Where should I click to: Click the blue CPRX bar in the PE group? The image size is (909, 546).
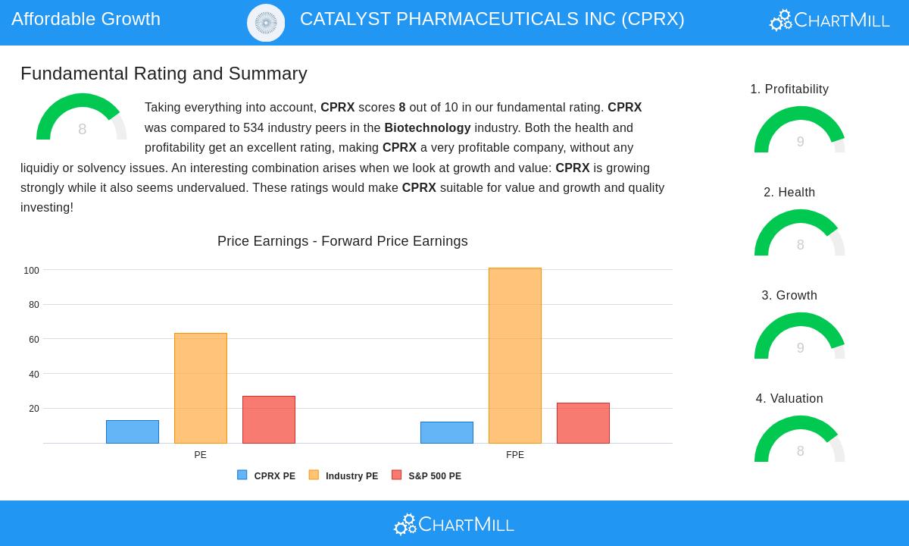point(133,431)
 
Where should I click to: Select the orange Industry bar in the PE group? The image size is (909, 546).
point(201,388)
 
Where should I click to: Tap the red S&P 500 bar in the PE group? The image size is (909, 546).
point(269,419)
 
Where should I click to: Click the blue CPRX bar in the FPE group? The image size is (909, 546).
point(447,432)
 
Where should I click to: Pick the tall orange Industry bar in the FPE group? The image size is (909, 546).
point(515,356)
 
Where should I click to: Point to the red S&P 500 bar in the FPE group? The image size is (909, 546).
point(583,423)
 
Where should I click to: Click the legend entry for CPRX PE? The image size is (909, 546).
point(266,475)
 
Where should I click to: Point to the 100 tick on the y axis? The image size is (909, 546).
point(31,271)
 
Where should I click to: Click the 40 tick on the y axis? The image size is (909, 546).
point(33,375)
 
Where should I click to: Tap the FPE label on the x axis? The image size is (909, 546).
point(515,455)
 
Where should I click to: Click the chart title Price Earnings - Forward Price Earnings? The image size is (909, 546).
point(342,241)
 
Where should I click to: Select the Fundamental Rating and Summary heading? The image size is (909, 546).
point(164,74)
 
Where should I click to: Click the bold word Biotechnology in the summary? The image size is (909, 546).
point(427,127)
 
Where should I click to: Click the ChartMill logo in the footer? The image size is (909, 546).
point(454,524)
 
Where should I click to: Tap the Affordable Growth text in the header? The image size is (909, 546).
point(86,19)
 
